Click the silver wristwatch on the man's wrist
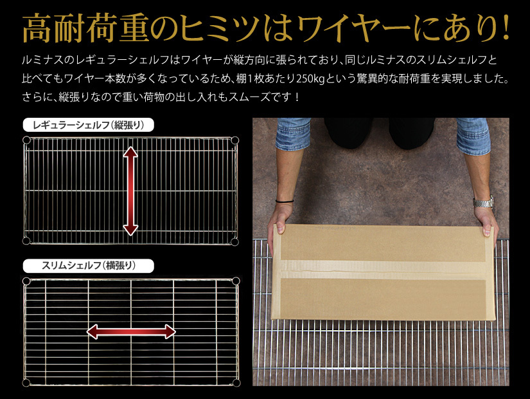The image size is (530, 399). pyautogui.click(x=484, y=203)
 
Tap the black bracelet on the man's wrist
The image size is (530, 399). pyautogui.click(x=284, y=201)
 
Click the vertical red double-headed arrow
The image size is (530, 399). pyautogui.click(x=130, y=191)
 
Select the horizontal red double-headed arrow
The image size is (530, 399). pyautogui.click(x=131, y=331)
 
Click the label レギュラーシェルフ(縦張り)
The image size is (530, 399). pyautogui.click(x=88, y=125)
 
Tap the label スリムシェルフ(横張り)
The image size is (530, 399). pyautogui.click(x=88, y=266)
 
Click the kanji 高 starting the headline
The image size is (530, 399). pyautogui.click(x=37, y=29)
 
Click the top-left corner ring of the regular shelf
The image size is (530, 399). pyautogui.click(x=26, y=140)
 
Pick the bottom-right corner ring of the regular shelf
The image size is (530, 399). pyautogui.click(x=234, y=241)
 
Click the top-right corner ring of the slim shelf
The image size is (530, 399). pyautogui.click(x=236, y=281)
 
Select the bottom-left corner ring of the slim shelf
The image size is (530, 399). pyautogui.click(x=26, y=383)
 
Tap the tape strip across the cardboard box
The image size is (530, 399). pyautogui.click(x=382, y=270)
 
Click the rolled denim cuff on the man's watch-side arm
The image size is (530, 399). pyautogui.click(x=473, y=136)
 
